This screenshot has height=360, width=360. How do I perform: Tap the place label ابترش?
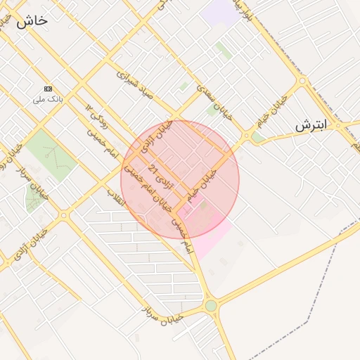pyautogui.click(x=311, y=127)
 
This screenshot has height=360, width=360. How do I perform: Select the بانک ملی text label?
pyautogui.click(x=48, y=100)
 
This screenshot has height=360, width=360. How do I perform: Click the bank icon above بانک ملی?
pyautogui.click(x=48, y=89)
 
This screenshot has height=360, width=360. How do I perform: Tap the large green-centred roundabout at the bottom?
pyautogui.click(x=211, y=305)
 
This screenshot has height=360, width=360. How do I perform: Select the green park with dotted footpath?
pyautogui.click(x=51, y=153)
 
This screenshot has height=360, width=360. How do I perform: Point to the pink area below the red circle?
pyautogui.click(x=211, y=239)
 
